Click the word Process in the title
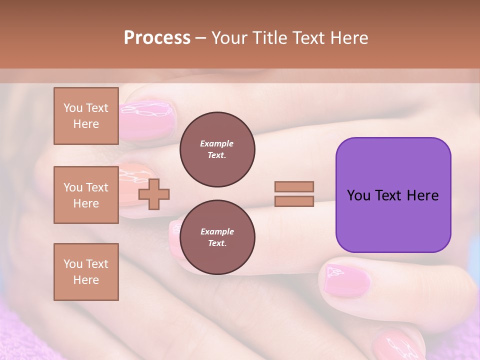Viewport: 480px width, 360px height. (157, 38)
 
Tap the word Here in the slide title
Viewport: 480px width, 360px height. (348, 38)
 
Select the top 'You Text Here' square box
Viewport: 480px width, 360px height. (86, 116)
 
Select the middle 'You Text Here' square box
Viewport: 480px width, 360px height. (86, 195)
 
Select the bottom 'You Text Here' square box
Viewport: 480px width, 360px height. (86, 272)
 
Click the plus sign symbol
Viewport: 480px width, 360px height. (154, 193)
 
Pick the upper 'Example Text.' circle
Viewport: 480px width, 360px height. (217, 149)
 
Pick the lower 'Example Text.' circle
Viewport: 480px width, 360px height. (217, 237)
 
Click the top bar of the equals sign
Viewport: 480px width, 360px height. (294, 187)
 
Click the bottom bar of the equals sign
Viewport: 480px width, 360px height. (294, 201)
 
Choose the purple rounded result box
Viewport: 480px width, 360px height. (393, 195)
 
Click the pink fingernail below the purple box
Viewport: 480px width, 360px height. (347, 280)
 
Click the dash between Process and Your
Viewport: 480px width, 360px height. (201, 38)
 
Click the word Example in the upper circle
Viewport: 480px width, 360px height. (217, 144)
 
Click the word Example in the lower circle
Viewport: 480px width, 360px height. (217, 232)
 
